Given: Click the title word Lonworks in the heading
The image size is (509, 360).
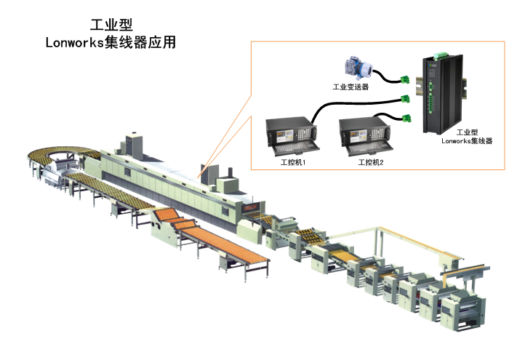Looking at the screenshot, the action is pyautogui.click(x=74, y=42).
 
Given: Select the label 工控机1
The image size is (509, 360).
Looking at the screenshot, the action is pyautogui.click(x=293, y=162).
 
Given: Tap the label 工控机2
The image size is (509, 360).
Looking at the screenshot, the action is pyautogui.click(x=371, y=162).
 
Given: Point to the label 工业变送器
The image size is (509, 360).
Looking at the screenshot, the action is pyautogui.click(x=350, y=87).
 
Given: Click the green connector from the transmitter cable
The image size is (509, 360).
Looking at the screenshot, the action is pyautogui.click(x=404, y=79).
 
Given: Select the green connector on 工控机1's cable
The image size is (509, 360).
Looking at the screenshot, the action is pyautogui.click(x=405, y=99).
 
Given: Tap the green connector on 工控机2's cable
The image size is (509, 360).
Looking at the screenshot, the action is pyautogui.click(x=406, y=119).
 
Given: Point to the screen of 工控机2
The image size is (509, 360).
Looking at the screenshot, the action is pyautogui.click(x=358, y=137).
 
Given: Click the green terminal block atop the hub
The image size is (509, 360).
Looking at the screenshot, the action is pyautogui.click(x=440, y=55).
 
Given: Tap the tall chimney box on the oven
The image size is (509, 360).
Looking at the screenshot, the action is pyautogui.click(x=135, y=144).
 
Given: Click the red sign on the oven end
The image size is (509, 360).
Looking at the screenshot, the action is pyautogui.click(x=251, y=207).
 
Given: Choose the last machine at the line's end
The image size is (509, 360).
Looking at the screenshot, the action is pyautogui.click(x=462, y=311).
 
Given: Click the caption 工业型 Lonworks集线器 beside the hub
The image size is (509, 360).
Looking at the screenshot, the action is pyautogui.click(x=467, y=137).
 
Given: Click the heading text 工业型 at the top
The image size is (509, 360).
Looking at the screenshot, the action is pyautogui.click(x=111, y=25).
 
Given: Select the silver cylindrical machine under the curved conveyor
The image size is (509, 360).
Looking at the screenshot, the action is pyautogui.click(x=60, y=172).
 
